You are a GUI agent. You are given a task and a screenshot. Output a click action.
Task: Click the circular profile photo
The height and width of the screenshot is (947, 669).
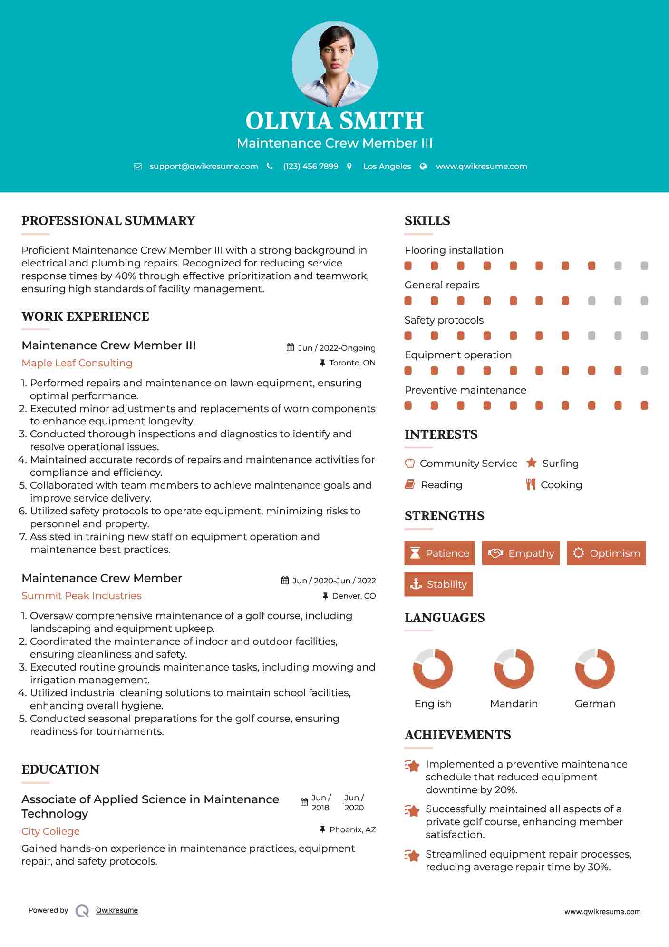click(334, 64)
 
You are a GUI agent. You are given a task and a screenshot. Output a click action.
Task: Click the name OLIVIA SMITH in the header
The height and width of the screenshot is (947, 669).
click(334, 121)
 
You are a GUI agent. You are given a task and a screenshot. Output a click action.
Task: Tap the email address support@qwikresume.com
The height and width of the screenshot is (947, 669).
click(204, 166)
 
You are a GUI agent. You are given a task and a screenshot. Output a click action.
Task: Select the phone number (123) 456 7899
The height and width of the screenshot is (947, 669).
click(310, 166)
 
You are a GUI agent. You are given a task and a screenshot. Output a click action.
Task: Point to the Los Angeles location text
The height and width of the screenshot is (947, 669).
click(387, 166)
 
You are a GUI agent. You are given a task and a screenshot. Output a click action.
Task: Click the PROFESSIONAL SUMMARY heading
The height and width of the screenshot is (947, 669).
click(108, 221)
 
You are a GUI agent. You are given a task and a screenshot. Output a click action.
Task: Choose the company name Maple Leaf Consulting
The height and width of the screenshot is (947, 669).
click(77, 363)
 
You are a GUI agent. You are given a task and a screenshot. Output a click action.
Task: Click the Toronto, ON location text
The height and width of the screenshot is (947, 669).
click(352, 363)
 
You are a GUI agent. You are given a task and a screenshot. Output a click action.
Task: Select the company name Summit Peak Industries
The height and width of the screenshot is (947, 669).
click(81, 596)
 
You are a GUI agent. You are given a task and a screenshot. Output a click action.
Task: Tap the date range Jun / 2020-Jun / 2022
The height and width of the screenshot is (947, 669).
click(334, 581)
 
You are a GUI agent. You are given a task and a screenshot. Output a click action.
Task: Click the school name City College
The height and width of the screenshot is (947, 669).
click(50, 831)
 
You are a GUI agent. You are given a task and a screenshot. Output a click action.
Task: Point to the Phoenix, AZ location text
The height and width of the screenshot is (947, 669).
click(352, 829)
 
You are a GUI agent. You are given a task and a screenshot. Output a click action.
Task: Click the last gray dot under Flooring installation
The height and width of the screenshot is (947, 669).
click(644, 266)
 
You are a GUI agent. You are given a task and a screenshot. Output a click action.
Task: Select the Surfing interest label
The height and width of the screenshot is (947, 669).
click(560, 463)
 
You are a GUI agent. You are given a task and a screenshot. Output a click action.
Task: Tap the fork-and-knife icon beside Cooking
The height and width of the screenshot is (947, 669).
click(531, 484)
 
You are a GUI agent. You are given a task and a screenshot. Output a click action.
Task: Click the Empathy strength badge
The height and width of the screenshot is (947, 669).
click(521, 553)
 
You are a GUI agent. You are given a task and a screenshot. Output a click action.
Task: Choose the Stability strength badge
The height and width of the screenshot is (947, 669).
click(438, 584)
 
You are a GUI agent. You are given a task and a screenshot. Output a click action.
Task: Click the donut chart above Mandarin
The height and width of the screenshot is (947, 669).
click(514, 668)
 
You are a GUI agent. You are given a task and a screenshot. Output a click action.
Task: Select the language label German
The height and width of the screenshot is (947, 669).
click(595, 703)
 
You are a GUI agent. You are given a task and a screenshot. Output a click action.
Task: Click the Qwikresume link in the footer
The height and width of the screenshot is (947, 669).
click(117, 910)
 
